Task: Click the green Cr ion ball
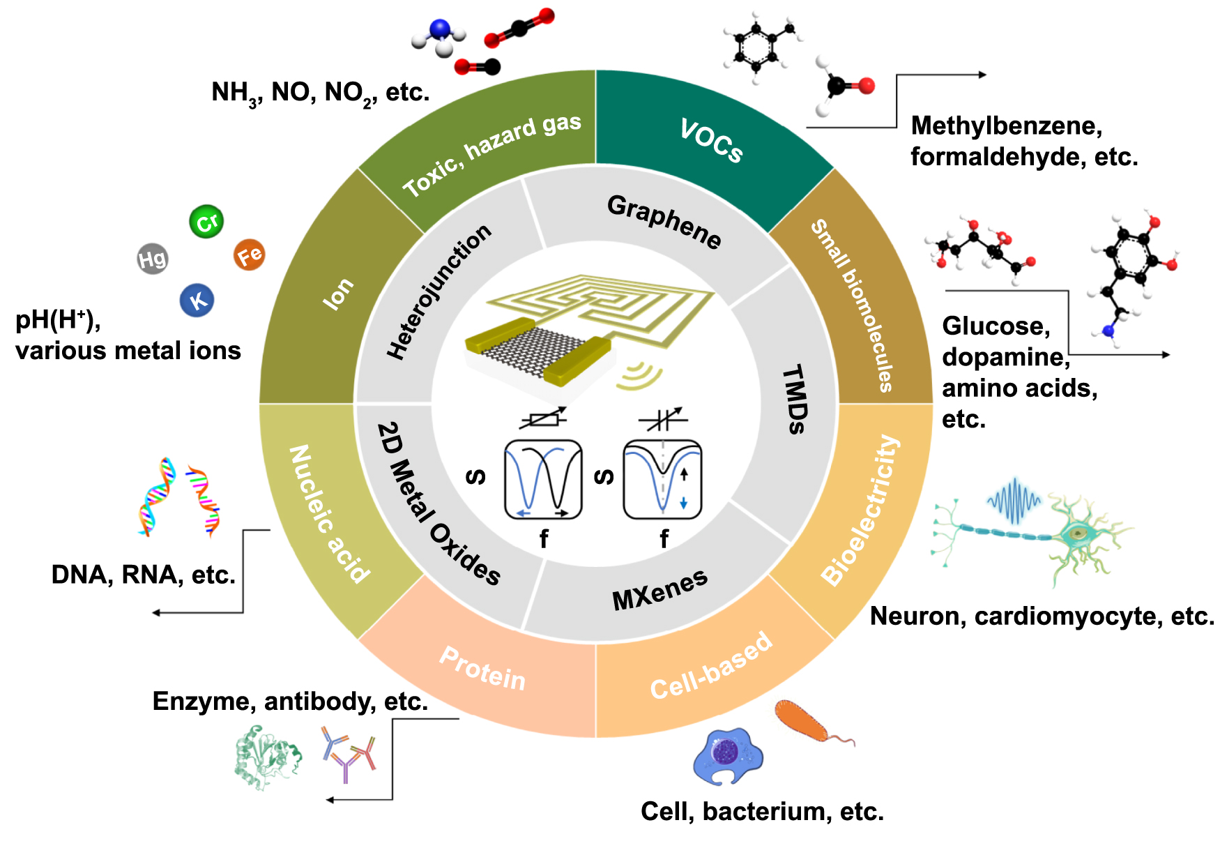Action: pos(206,222)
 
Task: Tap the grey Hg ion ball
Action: pos(153,259)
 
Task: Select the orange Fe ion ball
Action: pos(249,255)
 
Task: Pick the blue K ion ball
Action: pos(197,301)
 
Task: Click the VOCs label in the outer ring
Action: pos(711,141)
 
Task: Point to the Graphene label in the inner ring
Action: pos(664,221)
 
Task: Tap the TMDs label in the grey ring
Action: pos(794,399)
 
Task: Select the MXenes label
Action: pos(659,590)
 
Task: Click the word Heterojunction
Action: pos(439,291)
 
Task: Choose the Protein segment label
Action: pos(482,668)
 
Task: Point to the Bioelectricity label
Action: pos(860,510)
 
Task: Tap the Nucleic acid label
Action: pos(329,514)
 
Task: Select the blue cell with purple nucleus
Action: pos(728,756)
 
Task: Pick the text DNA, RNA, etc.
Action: pos(144,575)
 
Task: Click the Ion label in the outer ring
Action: pos(338,294)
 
